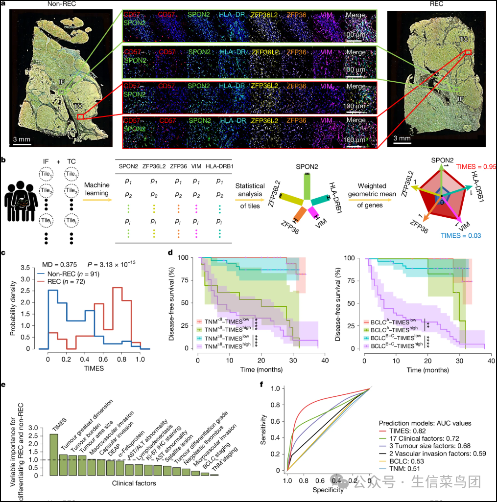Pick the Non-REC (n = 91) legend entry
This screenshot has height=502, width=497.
click(73, 274)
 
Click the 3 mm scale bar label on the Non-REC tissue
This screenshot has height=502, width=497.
click(22, 139)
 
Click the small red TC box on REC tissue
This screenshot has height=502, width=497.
click(468, 51)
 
